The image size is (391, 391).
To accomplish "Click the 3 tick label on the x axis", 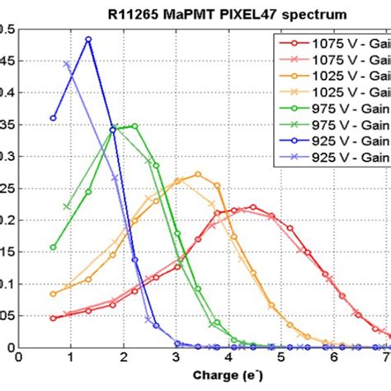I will click(x=176, y=358).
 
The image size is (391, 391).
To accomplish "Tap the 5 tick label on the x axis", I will click(x=281, y=358).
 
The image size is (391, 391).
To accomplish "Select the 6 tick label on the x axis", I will click(x=334, y=358).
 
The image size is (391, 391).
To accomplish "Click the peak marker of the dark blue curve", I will click(x=88, y=39).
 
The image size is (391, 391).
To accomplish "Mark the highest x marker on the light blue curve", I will click(x=67, y=64).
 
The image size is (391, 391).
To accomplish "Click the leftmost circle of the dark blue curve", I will click(x=54, y=118).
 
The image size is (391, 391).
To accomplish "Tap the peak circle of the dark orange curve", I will click(x=198, y=174).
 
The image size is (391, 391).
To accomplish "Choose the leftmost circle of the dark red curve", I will click(x=54, y=318).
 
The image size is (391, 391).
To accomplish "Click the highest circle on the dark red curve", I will click(x=252, y=207).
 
